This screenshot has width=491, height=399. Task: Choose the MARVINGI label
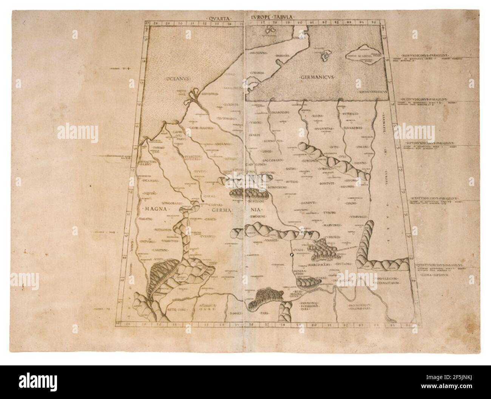click(x=332, y=225)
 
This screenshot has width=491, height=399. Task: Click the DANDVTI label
click(x=309, y=204)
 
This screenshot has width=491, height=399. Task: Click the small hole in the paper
click(x=292, y=256)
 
